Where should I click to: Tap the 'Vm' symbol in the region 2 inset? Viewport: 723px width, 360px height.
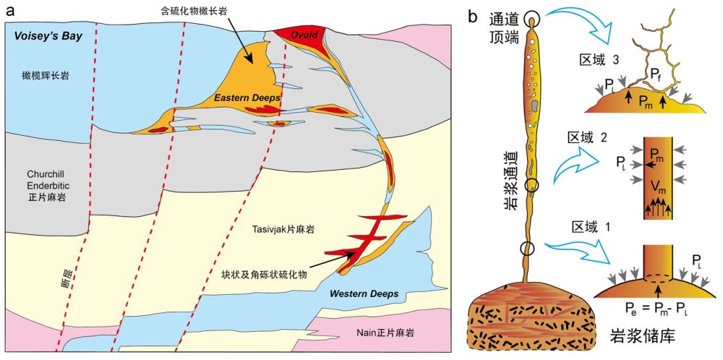click(657, 188)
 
